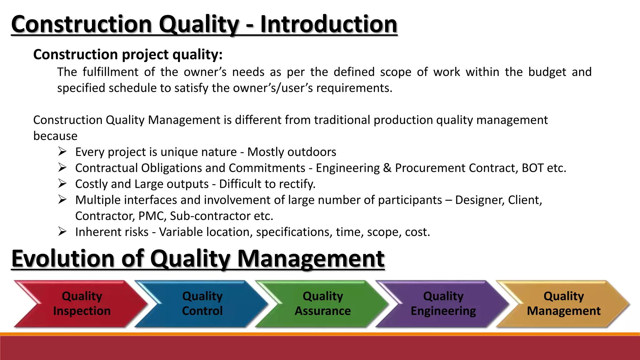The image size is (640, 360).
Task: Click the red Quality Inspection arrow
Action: point(82,303)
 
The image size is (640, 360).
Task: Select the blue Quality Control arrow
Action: point(202,303)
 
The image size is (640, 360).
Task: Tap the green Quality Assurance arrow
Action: point(322,303)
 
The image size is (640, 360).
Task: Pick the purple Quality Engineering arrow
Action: point(443,303)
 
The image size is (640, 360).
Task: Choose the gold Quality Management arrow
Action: point(563,303)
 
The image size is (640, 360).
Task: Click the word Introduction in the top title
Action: point(328,24)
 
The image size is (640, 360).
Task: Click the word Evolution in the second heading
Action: point(63,259)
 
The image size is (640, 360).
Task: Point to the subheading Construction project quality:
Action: point(128,55)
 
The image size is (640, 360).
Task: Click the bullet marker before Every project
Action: point(62,152)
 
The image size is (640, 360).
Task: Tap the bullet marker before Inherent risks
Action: point(62,232)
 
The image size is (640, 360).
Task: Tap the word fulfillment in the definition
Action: point(110,72)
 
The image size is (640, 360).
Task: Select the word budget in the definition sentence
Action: point(547,72)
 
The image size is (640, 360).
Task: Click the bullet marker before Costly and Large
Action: point(62,183)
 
